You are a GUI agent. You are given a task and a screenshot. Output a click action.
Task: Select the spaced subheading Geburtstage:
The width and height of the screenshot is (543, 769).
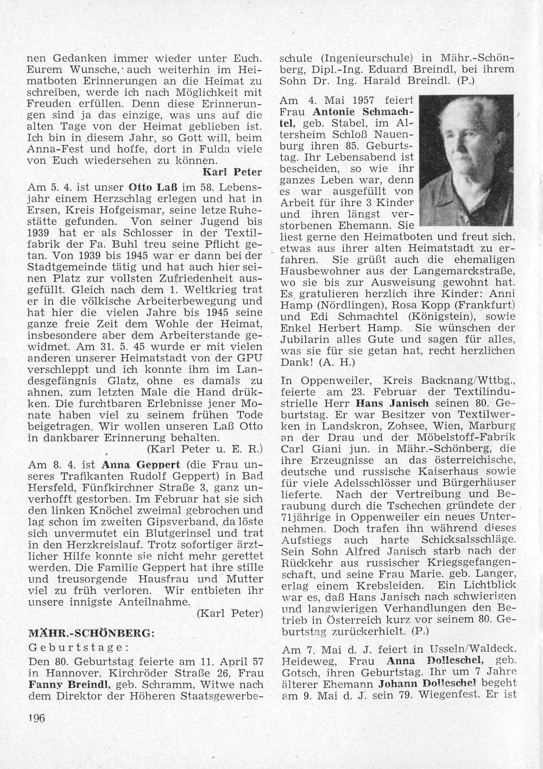(78, 647)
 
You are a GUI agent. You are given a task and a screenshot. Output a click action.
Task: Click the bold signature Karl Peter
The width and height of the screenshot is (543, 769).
(232, 173)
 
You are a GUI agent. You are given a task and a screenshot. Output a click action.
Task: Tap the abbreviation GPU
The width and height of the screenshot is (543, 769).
(252, 359)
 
